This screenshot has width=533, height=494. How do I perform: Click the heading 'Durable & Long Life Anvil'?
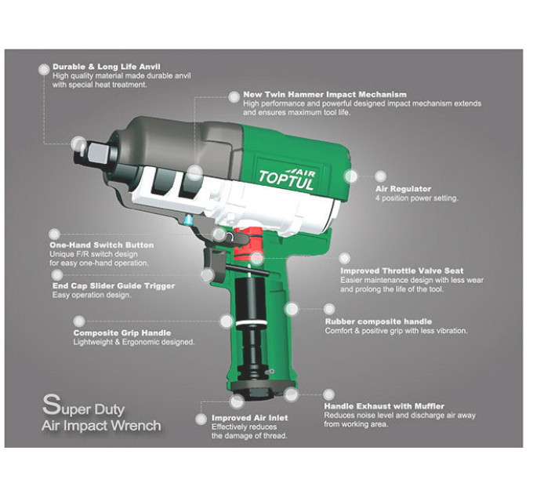coord(107,67)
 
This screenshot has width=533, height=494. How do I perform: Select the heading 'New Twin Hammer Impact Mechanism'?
coord(325,94)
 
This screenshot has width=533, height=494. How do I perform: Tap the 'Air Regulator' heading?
coord(403,189)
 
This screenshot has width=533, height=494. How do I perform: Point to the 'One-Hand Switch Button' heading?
coord(102,245)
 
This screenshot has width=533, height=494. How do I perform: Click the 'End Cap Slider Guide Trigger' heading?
coord(114,285)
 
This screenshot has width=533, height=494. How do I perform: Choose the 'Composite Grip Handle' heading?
coord(122,332)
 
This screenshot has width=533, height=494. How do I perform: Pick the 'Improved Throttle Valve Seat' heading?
coord(402,271)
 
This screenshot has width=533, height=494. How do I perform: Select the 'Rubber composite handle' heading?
coord(379,321)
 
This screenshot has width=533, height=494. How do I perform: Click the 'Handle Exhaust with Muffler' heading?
coord(384,406)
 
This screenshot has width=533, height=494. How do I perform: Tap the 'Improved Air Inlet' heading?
coord(249,417)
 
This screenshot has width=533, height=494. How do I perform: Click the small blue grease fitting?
coord(187,220)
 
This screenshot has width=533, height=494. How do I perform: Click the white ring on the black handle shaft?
coord(252,322)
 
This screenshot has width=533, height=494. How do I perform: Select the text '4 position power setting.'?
coord(417,198)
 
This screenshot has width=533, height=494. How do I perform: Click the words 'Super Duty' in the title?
coord(83,406)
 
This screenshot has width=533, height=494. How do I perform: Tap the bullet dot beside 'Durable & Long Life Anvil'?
coord(44,70)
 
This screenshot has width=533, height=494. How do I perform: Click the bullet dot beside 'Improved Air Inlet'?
coord(201,420)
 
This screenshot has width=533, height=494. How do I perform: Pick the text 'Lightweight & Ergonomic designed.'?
coord(134,342)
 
